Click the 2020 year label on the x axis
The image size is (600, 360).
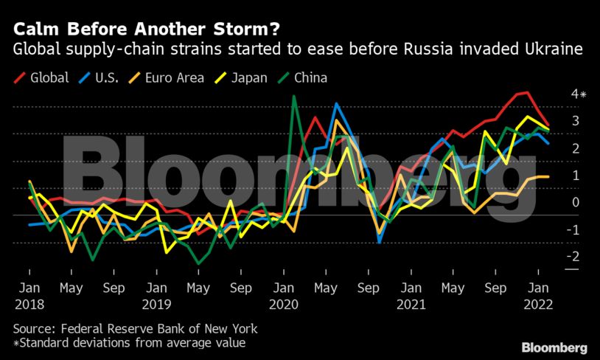click(284, 304)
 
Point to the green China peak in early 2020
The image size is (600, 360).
click(294, 96)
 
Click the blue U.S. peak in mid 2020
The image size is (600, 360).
click(336, 104)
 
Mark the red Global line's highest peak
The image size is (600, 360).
click(526, 92)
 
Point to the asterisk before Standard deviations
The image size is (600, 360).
click(15, 343)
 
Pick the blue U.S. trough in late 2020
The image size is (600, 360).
click(379, 241)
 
